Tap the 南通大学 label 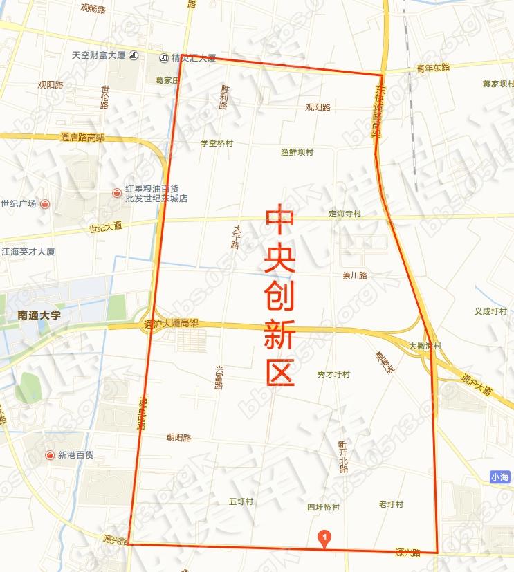pyautogui.click(x=39, y=315)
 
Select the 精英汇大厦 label pyautogui.click(x=193, y=57)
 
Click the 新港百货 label pyautogui.click(x=75, y=455)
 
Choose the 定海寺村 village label pyautogui.click(x=345, y=214)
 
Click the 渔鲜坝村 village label pyautogui.click(x=297, y=152)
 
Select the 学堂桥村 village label pyautogui.click(x=217, y=143)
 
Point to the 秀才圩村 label pyautogui.click(x=333, y=374)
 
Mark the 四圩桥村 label pyautogui.click(x=323, y=507)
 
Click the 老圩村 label pyautogui.click(x=391, y=504)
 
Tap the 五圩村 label pyautogui.click(x=241, y=501)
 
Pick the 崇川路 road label pyautogui.click(x=355, y=275)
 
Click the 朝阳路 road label pyautogui.click(x=178, y=438)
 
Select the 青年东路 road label pyautogui.click(x=433, y=67)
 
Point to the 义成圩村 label pyautogui.click(x=490, y=311)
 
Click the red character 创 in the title pyautogui.click(x=280, y=297)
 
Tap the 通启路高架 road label pyautogui.click(x=82, y=137)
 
